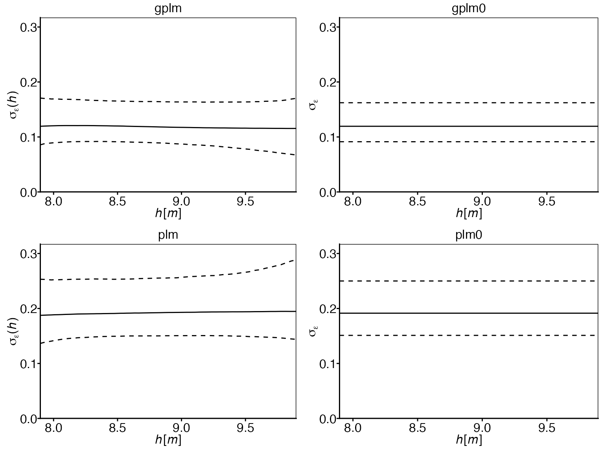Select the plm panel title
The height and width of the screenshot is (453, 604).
pos(168,235)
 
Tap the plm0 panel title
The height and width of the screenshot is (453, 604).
pos(469,235)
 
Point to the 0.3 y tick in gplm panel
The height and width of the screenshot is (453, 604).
pos(28,27)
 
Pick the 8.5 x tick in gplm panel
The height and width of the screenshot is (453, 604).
pos(117,202)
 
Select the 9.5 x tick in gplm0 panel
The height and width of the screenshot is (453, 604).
pos(546,202)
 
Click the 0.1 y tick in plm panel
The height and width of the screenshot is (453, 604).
pos(28,363)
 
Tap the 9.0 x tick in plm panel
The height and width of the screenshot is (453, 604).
pos(181,428)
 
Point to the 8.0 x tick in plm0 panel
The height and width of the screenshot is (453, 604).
pos(353,428)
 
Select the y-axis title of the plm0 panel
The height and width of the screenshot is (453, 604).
pos(313,331)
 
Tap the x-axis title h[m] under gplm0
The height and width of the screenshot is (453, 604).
pos(469,214)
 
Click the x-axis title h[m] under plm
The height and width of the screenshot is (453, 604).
pos(168,440)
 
